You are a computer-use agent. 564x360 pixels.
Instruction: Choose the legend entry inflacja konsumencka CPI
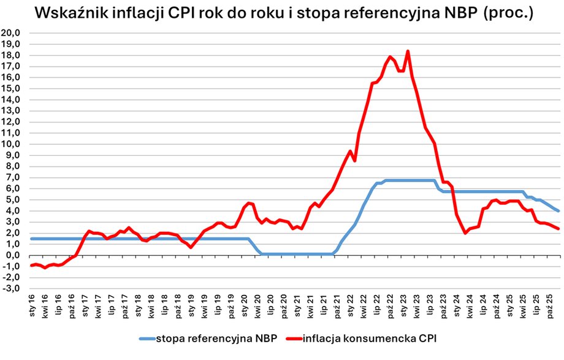(x=356, y=337)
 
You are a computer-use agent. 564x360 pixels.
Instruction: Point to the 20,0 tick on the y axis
(x=11, y=33)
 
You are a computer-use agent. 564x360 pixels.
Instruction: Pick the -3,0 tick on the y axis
(x=12, y=288)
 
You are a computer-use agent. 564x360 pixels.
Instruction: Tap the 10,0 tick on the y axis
(x=11, y=144)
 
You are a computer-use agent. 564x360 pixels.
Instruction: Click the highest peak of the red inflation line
(x=408, y=52)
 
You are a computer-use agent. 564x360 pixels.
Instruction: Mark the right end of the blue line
(x=558, y=211)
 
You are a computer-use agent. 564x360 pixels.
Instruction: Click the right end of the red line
(x=558, y=229)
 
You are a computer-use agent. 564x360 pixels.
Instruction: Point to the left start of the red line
(x=31, y=265)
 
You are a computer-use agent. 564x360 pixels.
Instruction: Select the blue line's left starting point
(x=31, y=239)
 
